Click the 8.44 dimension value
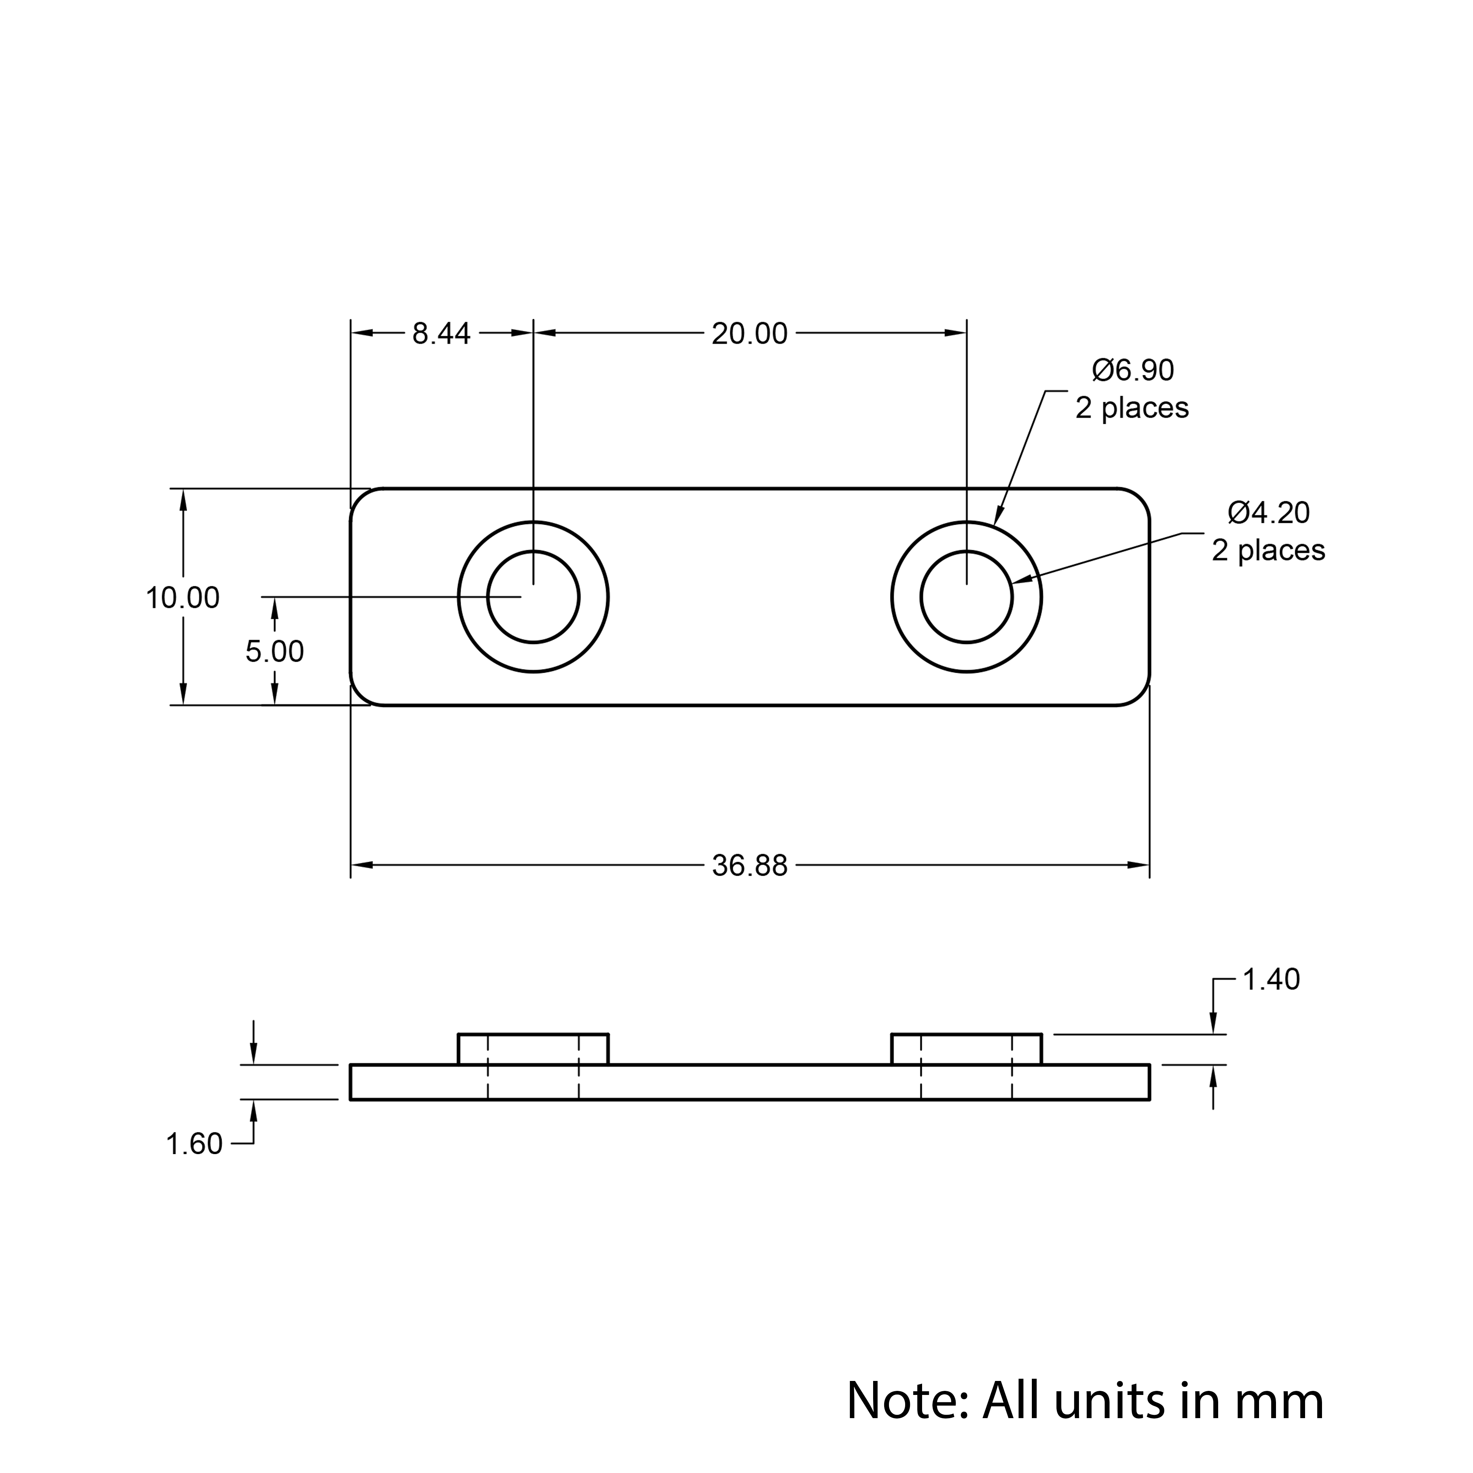[x=442, y=334]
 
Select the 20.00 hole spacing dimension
[x=749, y=334]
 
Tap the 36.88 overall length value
[x=749, y=866]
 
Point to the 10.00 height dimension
[x=183, y=598]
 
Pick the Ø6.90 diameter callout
[x=1133, y=370]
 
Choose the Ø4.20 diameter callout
[x=1269, y=512]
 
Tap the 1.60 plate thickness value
[x=194, y=1145]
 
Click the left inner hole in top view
[x=534, y=551]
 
